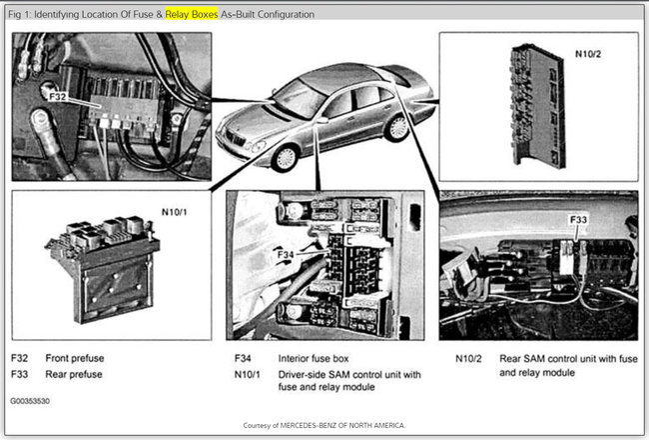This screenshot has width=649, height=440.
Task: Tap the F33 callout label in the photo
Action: [x=578, y=218]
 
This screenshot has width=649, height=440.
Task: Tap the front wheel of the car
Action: [x=286, y=155]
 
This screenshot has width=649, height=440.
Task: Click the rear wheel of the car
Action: [x=397, y=127]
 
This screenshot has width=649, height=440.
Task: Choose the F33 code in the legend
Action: [x=20, y=374]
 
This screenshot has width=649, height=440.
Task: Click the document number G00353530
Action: [x=30, y=400]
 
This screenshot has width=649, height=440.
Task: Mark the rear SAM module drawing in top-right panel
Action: [x=539, y=105]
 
